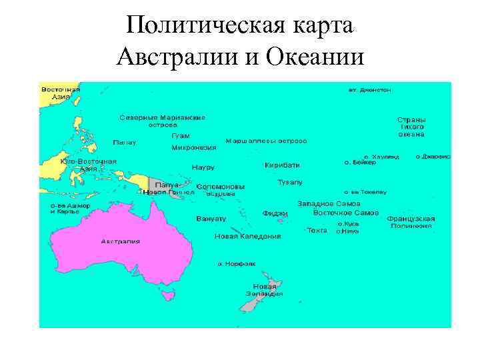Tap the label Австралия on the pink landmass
pos(121,241)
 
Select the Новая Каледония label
pos(247,236)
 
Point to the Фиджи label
pos(275,213)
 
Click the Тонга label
pos(317,230)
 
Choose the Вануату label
pos(211,218)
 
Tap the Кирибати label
pos(282,165)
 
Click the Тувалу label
pos(290,181)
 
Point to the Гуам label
pos(181,136)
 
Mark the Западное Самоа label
pos(329,203)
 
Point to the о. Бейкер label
pos(356,162)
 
